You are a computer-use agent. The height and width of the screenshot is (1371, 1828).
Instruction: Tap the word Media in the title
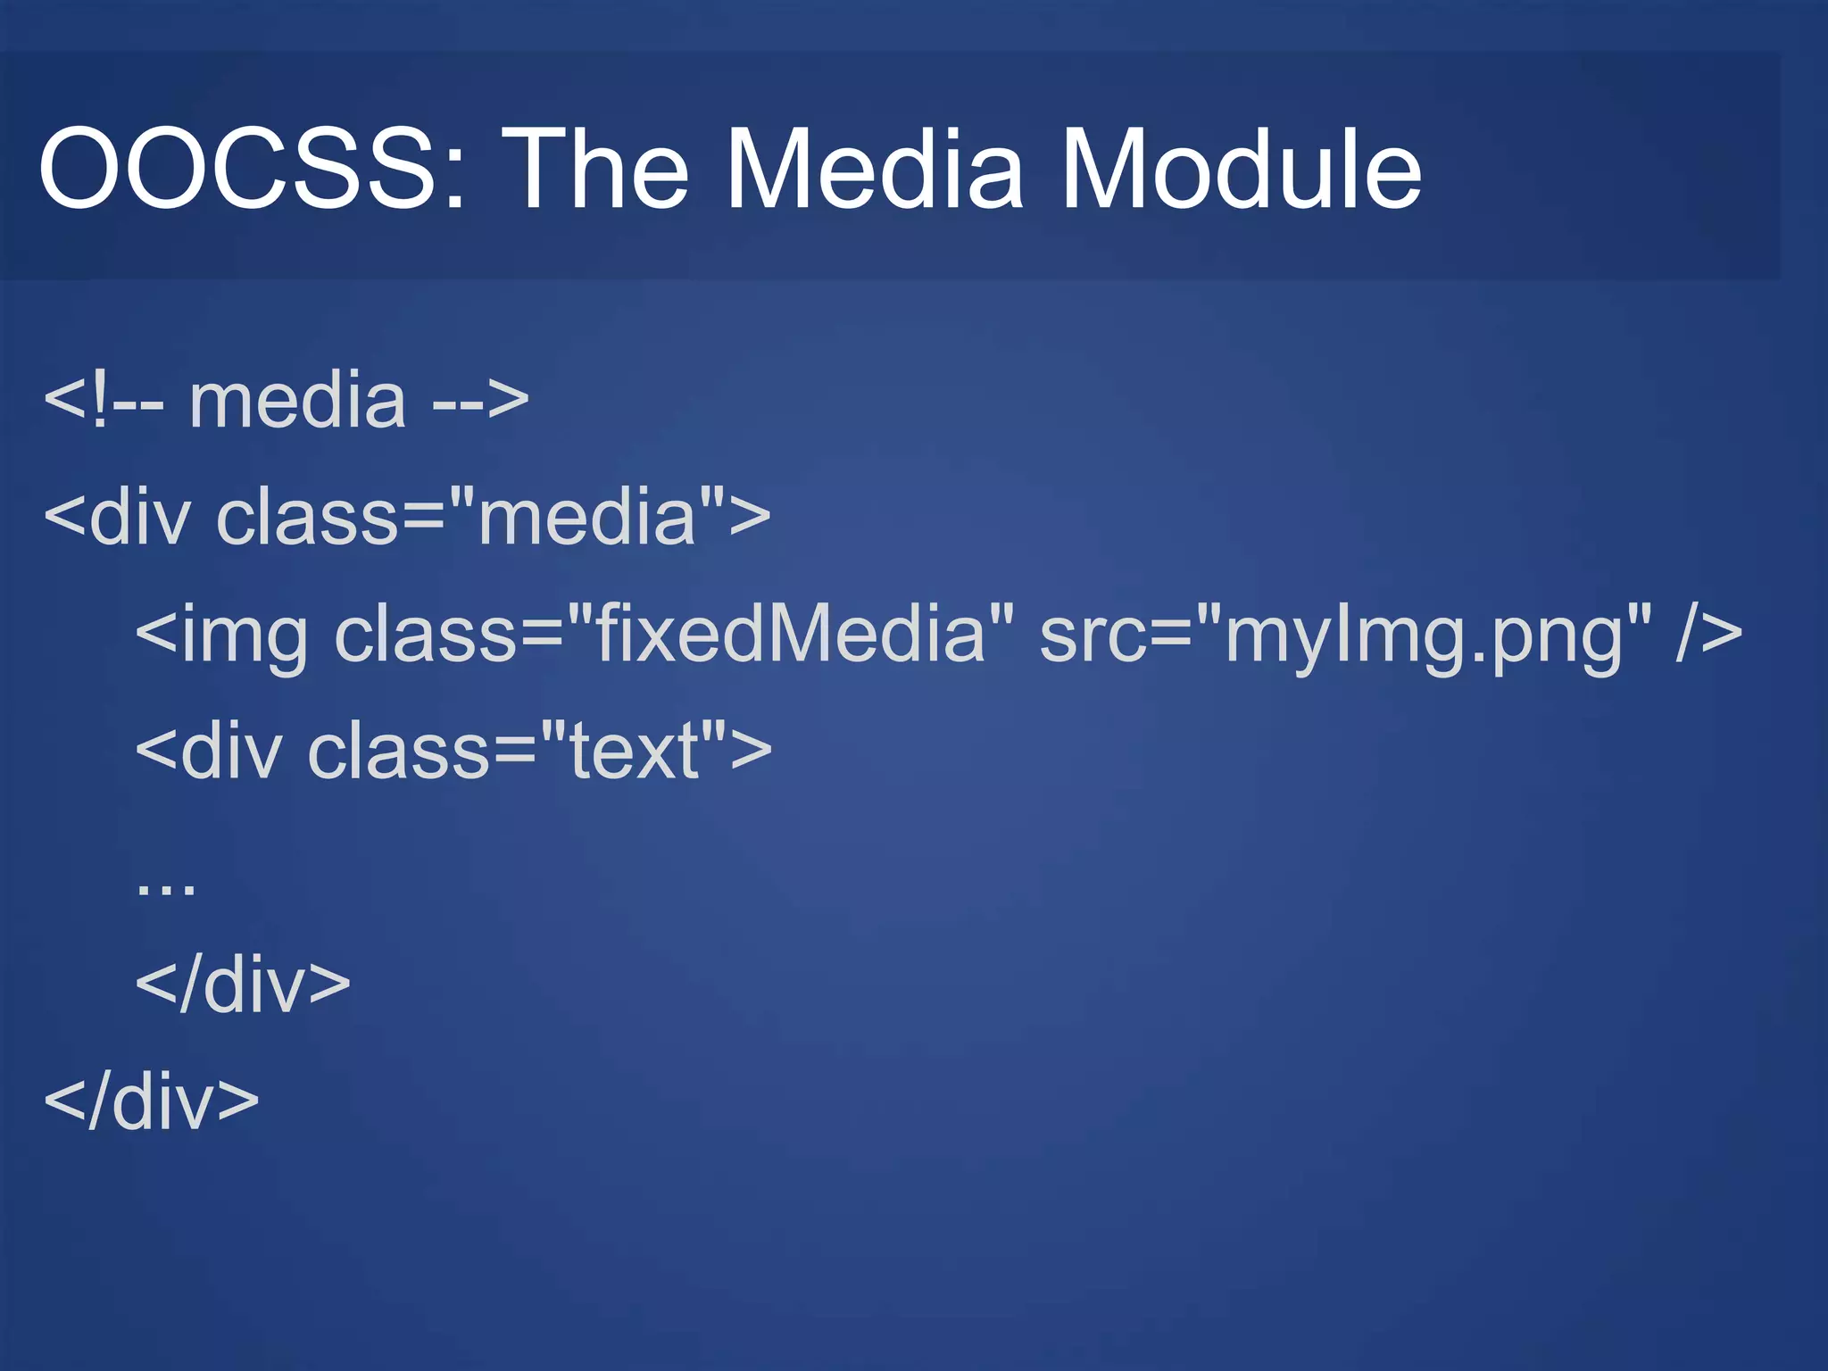click(x=874, y=168)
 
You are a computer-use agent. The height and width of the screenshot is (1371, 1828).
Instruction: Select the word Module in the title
click(x=1240, y=168)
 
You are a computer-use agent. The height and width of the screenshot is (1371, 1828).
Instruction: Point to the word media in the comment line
click(x=297, y=401)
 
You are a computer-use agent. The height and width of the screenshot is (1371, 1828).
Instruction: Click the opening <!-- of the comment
click(x=104, y=401)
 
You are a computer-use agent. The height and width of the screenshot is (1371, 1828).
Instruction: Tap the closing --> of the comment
click(x=480, y=401)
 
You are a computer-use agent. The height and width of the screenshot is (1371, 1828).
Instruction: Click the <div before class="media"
click(x=117, y=518)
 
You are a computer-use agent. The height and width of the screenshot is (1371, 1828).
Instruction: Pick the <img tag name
click(x=221, y=636)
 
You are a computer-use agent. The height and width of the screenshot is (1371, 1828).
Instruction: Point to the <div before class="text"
click(x=208, y=752)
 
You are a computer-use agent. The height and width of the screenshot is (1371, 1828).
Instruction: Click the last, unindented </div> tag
click(x=151, y=1102)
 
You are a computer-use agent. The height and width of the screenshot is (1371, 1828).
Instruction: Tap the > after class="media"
click(x=750, y=518)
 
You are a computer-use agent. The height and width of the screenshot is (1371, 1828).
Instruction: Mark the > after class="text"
click(x=751, y=752)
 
